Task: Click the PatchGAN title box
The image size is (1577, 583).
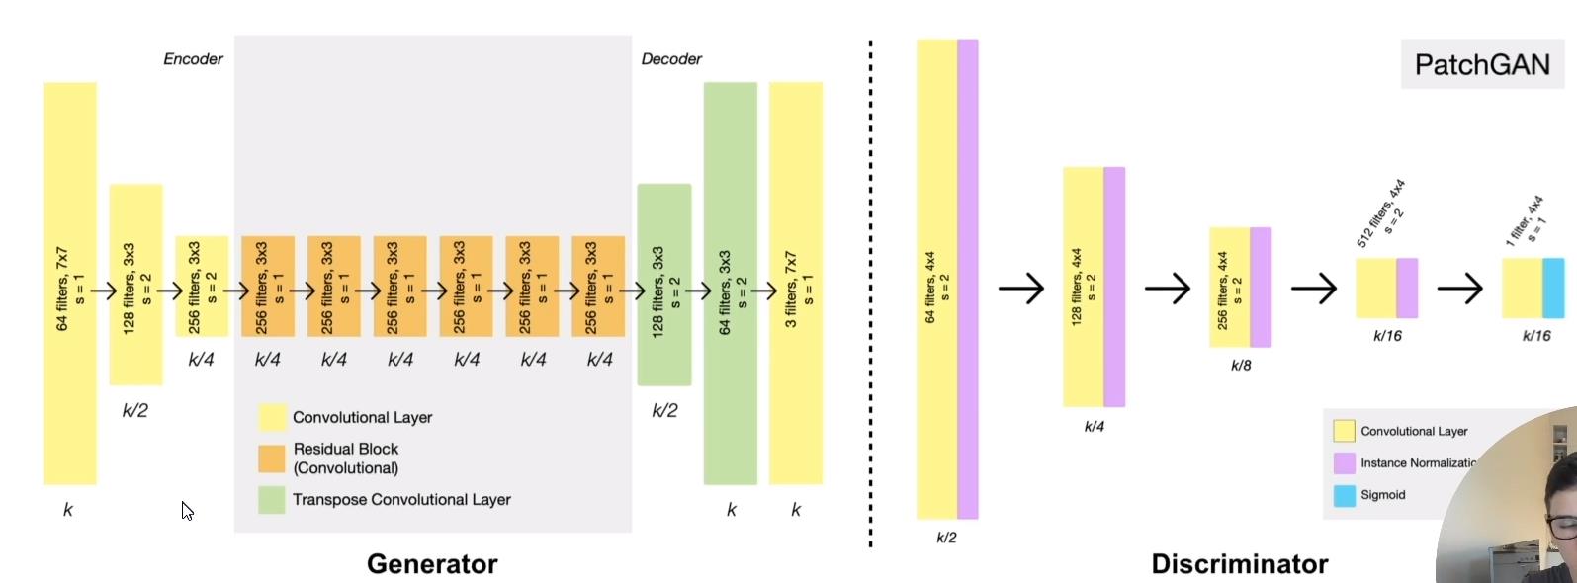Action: pos(1481,65)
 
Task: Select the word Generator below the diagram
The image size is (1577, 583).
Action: pos(432,564)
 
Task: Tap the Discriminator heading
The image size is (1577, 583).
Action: pos(1239,564)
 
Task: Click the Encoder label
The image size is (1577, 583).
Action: pos(193,59)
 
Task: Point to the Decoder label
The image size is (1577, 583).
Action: pos(671,59)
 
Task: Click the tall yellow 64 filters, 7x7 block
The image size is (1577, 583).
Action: pos(69,283)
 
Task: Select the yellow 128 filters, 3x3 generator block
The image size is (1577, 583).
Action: pos(135,284)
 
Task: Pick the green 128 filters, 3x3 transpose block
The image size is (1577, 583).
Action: pos(664,284)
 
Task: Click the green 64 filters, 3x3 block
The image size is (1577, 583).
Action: pos(731,283)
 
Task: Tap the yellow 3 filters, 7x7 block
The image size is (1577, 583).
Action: pos(796,283)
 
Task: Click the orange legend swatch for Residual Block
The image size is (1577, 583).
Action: pos(272,458)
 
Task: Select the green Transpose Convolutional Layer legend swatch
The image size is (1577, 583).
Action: pos(272,500)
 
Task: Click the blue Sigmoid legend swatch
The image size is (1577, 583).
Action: pos(1344,495)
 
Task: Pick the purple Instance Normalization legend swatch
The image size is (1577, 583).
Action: pos(1344,462)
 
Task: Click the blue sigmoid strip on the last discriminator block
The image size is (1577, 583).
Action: pos(1553,288)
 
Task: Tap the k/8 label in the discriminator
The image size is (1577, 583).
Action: pos(1240,366)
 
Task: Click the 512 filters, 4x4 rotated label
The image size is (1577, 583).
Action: pos(1381,212)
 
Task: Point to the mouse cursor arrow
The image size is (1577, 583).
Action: pos(186,509)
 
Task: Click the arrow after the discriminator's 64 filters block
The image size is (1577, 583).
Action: pos(1020,289)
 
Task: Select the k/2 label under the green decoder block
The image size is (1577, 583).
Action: pos(664,410)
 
